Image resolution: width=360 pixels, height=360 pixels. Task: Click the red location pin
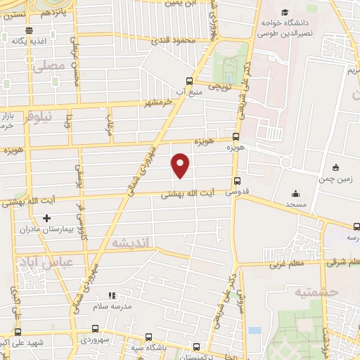pos(181,165)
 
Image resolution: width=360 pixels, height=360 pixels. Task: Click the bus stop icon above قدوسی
pos(237,179)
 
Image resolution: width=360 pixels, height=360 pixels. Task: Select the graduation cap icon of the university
pos(285,13)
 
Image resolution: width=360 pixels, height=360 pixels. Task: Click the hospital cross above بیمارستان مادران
pos(47,238)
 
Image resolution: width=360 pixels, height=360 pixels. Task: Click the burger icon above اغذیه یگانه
pos(28,30)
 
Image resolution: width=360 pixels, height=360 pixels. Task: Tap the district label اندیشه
pos(132,243)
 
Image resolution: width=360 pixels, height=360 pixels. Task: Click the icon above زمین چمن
pos(336,167)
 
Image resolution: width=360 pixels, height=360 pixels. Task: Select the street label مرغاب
pos(109,127)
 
